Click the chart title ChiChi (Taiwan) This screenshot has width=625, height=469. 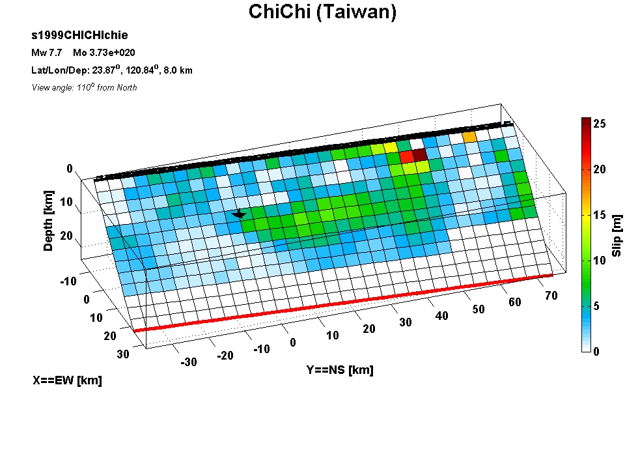322,12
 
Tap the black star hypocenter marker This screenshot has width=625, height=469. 239,214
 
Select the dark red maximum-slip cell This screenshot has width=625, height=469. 419,155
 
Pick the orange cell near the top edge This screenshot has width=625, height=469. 469,137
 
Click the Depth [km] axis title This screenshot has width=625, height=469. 48,221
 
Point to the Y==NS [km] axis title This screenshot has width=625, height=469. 340,370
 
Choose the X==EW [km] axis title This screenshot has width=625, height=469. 67,380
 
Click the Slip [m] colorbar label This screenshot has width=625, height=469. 617,235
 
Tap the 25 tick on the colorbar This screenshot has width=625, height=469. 599,124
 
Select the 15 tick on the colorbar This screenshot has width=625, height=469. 599,215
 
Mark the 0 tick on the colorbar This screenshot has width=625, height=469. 596,351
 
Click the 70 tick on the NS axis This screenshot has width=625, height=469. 551,296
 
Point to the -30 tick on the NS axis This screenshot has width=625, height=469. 189,362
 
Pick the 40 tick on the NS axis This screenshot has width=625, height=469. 441,316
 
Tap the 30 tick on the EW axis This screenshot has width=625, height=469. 123,354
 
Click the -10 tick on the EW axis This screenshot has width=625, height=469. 68,281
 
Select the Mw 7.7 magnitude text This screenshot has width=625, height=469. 47,53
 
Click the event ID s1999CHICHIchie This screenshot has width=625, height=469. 79,35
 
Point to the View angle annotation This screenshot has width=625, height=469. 84,87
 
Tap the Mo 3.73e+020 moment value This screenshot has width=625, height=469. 104,53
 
